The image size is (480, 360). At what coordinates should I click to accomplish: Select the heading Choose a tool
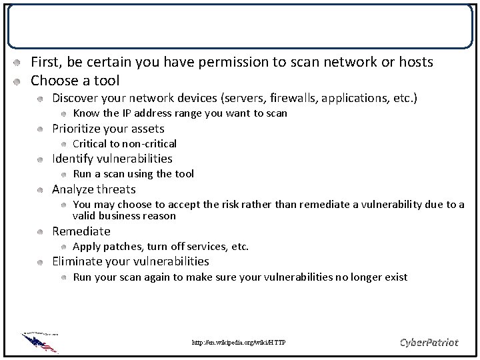click(x=75, y=81)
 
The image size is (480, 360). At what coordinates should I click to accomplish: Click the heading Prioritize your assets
click(x=108, y=129)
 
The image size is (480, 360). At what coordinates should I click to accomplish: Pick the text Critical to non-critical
click(x=124, y=144)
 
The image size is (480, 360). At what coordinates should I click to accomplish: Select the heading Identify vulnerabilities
click(x=112, y=159)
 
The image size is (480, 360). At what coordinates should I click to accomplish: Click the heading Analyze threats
click(x=93, y=189)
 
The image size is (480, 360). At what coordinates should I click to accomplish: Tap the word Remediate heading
click(x=81, y=231)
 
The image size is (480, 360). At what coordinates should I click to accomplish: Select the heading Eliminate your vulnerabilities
click(x=130, y=261)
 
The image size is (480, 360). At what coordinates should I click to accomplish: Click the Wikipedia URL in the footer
click(x=238, y=343)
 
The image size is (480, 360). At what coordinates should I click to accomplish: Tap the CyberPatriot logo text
click(x=429, y=342)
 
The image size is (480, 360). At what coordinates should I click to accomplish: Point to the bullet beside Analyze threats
click(x=41, y=190)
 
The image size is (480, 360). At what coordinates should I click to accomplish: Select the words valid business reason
click(x=124, y=216)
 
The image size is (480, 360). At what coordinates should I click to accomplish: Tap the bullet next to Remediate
click(x=41, y=232)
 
